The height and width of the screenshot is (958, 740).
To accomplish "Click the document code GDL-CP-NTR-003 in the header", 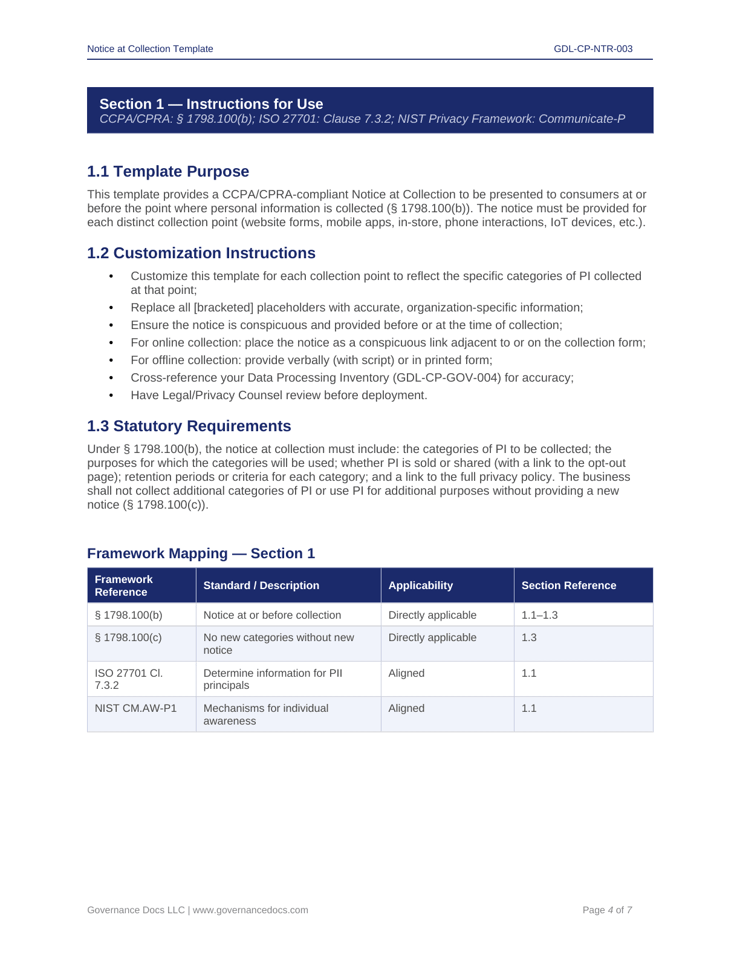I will coord(592,49).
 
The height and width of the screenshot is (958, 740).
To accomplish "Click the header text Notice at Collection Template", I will coord(150,49).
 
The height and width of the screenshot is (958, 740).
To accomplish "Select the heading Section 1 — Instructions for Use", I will coord(211,104).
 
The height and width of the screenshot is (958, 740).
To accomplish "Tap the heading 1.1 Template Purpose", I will coord(168,172).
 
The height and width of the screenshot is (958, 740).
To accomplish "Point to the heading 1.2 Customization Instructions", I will coord(201,253).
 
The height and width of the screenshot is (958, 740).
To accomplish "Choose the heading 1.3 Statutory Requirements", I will coord(189,426).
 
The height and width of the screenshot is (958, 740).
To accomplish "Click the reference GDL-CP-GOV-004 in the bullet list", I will coord(447,378).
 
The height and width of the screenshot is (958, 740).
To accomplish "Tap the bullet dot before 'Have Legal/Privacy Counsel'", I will coord(111,396).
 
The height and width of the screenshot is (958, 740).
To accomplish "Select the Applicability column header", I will coord(420,585).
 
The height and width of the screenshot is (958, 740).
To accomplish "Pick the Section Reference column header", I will coord(568,585).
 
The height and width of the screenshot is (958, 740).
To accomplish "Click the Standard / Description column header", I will coord(261,585).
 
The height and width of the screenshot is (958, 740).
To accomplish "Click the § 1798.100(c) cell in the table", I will coord(128,637).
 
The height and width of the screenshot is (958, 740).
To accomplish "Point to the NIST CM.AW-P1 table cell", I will coord(135,708).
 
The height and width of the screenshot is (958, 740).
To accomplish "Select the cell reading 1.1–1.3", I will coord(539,615).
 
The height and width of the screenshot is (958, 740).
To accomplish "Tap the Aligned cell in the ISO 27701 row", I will coord(406,673).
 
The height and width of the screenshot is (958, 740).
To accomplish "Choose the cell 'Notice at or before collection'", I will coord(272,615).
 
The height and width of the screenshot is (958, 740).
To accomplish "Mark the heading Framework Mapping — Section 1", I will coord(201,554).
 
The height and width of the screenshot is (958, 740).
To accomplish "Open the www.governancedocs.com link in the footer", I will coord(250,910).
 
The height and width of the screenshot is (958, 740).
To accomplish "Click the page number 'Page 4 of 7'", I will coord(607,910).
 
